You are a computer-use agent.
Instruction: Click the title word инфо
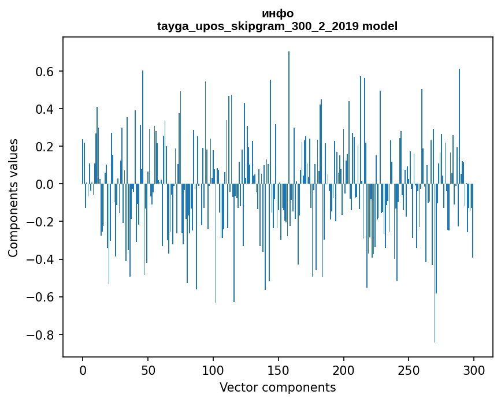pyautogui.click(x=277, y=14)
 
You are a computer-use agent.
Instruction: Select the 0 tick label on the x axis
pyautogui.click(x=83, y=370)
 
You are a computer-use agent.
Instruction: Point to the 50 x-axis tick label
pyautogui.click(x=148, y=370)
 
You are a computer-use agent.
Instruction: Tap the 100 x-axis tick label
pyautogui.click(x=213, y=370)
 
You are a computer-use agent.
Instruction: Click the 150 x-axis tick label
pyautogui.click(x=279, y=370)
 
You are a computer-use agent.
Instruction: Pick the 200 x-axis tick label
pyautogui.click(x=344, y=370)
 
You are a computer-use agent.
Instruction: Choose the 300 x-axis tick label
pyautogui.click(x=474, y=370)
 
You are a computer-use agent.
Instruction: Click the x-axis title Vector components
pyautogui.click(x=277, y=387)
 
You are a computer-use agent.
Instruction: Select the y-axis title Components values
pyautogui.click(x=13, y=198)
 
